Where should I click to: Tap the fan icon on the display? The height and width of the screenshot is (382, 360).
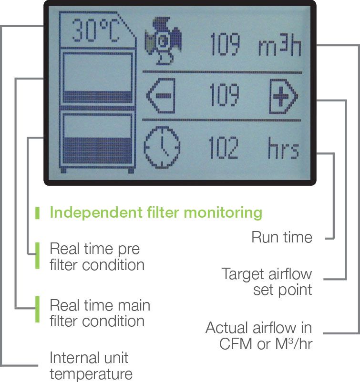click(x=165, y=41)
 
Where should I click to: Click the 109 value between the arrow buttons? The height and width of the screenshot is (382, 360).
click(x=224, y=97)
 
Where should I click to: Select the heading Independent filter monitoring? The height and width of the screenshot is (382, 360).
click(x=156, y=212)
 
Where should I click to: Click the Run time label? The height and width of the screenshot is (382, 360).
click(x=282, y=237)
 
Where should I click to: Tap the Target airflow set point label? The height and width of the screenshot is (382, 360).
click(x=267, y=281)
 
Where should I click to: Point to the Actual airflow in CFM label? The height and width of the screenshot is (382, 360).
click(x=259, y=335)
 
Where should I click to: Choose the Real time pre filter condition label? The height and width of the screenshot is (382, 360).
click(x=97, y=256)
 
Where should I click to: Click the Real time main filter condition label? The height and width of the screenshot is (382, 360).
click(x=100, y=312)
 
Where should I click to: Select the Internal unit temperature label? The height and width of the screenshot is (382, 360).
click(x=91, y=365)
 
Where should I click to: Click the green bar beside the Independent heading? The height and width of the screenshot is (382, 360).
click(x=37, y=213)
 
